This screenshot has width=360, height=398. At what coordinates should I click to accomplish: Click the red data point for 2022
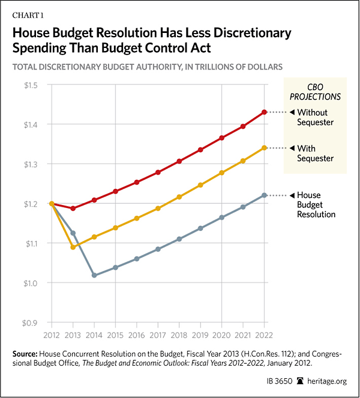[264, 112]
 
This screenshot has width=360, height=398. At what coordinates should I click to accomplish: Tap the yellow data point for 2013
[74, 247]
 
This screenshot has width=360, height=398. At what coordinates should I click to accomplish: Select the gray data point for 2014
[94, 275]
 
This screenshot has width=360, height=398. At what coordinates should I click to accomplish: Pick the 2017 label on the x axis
[157, 334]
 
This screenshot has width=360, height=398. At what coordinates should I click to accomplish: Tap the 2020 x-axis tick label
[221, 334]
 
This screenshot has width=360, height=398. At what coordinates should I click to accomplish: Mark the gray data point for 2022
[264, 195]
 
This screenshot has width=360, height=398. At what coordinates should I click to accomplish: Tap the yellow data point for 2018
[179, 197]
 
